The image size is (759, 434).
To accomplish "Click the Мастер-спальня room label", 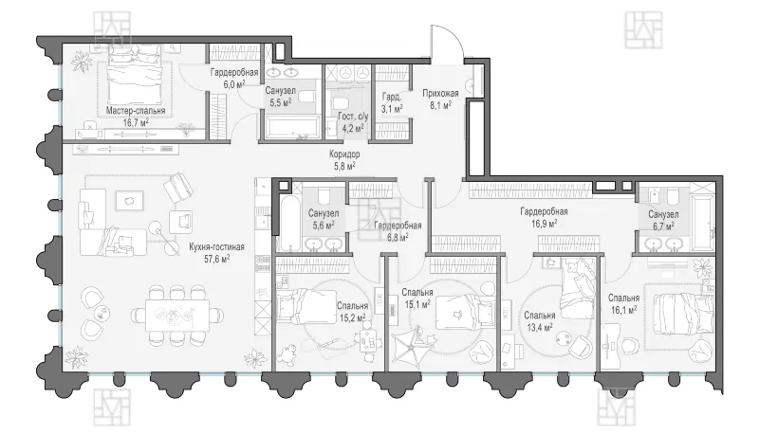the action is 136,111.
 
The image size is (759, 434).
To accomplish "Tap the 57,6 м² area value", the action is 217,259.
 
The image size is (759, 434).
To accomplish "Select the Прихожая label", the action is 440,93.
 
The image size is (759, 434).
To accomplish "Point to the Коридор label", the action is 344,154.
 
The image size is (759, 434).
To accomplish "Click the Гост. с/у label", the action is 353,117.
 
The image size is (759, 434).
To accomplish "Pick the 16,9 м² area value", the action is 544,223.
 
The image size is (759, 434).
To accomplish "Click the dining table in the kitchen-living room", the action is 178,316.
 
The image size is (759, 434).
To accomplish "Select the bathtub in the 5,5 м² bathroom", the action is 290,127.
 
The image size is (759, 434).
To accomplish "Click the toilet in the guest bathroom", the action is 340,103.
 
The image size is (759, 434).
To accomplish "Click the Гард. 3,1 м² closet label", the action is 392,102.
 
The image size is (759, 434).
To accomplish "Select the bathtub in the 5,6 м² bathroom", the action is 289,224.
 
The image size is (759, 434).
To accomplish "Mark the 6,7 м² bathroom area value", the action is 662,226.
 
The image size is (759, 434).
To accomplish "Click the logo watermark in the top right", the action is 643,29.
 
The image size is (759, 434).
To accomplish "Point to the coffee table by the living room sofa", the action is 129,201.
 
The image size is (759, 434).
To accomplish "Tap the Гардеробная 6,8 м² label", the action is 398,231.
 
